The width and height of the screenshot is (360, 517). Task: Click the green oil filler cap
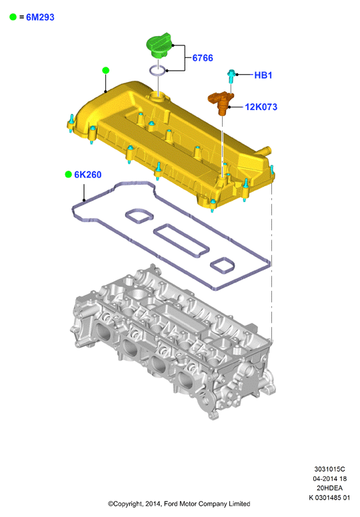click(x=159, y=45)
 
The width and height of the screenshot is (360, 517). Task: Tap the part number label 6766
click(x=203, y=58)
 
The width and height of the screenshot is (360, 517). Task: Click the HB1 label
click(x=263, y=75)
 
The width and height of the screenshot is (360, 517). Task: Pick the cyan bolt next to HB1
click(x=231, y=76)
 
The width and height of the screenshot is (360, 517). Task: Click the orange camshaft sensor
click(x=221, y=102)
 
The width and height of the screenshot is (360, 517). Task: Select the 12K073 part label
click(x=261, y=107)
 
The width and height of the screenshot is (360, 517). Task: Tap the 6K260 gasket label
click(x=87, y=174)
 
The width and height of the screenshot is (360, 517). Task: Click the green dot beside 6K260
click(x=68, y=174)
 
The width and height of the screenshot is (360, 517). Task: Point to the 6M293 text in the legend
click(x=40, y=17)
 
